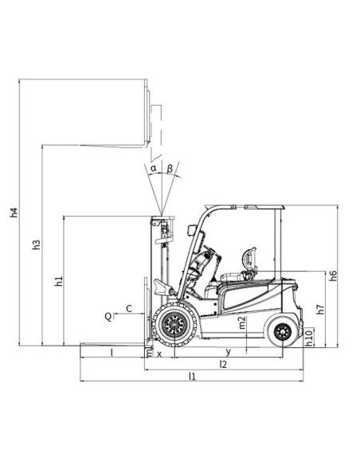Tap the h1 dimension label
tap(59, 282)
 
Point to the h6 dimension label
tap(334, 275)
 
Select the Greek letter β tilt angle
tap(170, 168)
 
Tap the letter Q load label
tap(108, 316)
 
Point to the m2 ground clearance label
tap(242, 323)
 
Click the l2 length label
tap(224, 364)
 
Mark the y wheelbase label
tap(229, 351)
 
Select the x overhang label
tap(159, 352)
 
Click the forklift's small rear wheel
tap(282, 333)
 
